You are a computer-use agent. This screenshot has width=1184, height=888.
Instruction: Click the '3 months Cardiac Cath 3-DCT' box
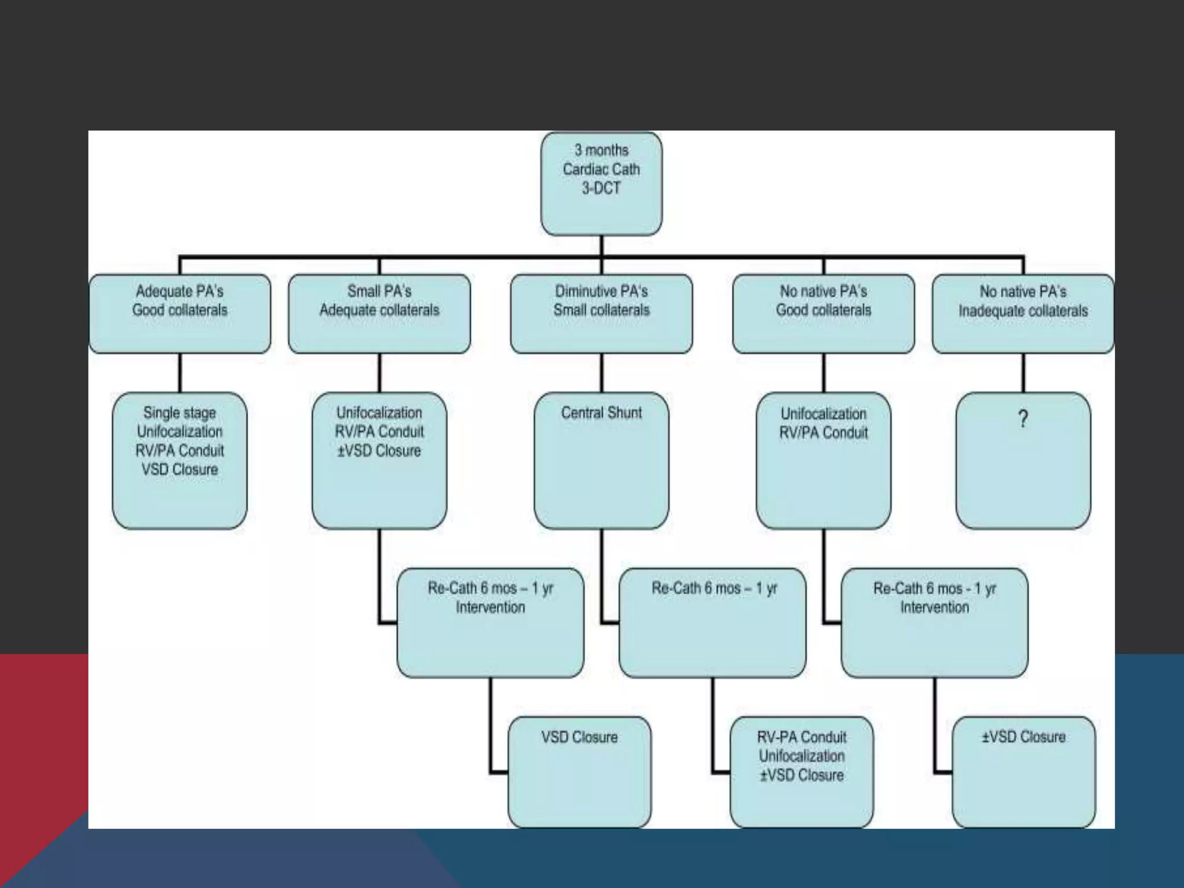tap(601, 184)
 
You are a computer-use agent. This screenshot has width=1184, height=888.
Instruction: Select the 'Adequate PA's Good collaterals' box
tap(180, 314)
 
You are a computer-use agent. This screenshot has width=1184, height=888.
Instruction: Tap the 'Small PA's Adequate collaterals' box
tap(379, 314)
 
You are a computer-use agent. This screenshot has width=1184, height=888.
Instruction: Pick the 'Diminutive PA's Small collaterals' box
tap(601, 314)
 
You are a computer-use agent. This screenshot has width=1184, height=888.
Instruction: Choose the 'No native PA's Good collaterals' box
tap(823, 314)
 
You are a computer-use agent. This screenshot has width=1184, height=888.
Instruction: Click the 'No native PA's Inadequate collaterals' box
tap(1023, 314)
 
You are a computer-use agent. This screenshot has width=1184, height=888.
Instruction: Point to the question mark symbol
tap(1023, 419)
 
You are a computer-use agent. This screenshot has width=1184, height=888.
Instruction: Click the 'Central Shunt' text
tap(601, 413)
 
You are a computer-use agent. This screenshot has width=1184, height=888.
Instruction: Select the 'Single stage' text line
tap(180, 413)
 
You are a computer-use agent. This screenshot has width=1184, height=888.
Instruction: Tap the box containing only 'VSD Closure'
tap(579, 772)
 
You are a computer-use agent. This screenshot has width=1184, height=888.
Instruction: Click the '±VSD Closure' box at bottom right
tap(1023, 772)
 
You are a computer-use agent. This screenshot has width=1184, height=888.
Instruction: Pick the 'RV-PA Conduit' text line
tap(801, 737)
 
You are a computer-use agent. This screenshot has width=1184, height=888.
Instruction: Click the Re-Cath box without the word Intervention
tap(712, 623)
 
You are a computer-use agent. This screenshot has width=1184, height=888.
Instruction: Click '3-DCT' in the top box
tap(601, 188)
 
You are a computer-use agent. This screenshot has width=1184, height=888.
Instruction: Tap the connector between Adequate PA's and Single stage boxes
tap(180, 373)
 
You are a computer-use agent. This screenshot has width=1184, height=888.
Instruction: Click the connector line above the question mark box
tap(1023, 373)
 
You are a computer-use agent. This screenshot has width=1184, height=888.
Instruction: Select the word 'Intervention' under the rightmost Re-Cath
tap(934, 608)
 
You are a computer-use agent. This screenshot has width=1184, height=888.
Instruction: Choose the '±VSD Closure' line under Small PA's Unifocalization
tap(379, 451)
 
